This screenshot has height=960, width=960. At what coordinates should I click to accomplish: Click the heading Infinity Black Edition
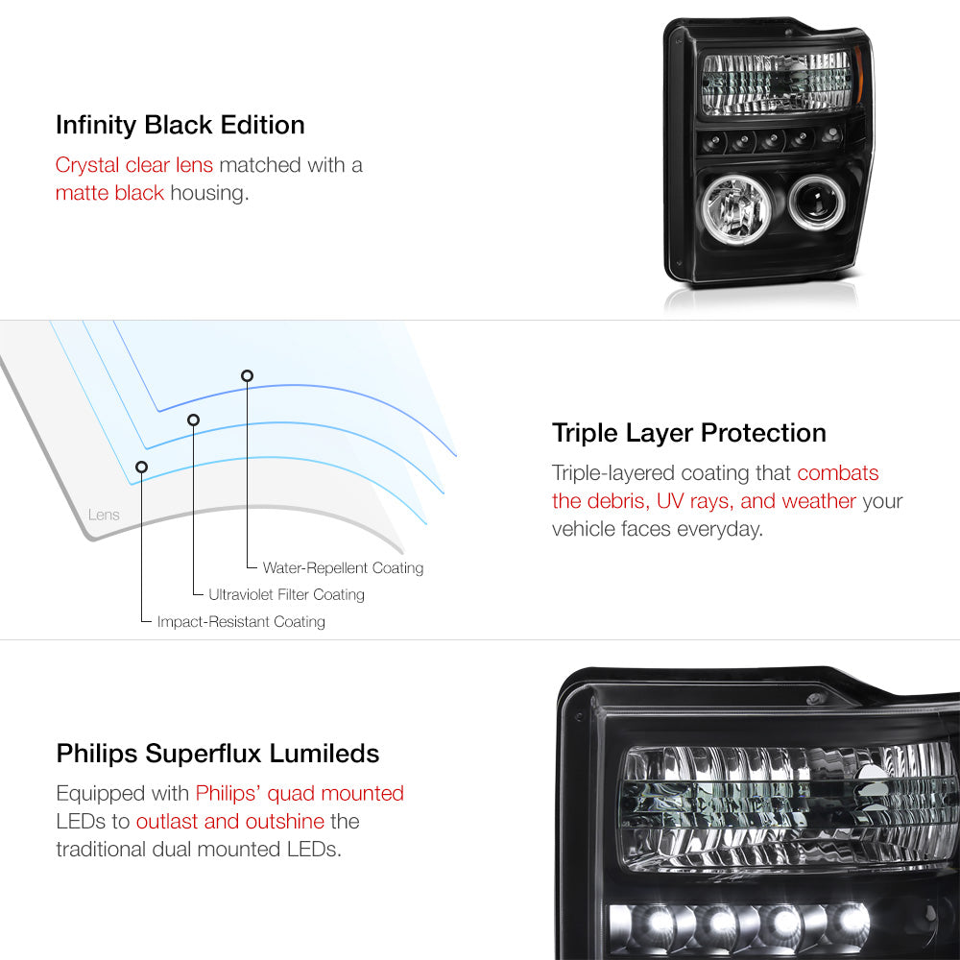180,126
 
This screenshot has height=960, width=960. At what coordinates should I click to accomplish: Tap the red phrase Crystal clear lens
134,165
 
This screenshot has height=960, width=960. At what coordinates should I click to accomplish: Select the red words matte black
109,193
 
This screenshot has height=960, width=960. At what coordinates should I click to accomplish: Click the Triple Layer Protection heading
688,434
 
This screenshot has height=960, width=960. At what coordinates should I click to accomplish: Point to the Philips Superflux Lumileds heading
218,754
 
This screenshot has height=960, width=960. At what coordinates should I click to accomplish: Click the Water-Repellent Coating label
343,567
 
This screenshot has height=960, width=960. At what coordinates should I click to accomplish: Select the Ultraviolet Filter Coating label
286,594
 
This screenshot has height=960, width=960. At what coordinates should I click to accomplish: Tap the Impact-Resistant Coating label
241,621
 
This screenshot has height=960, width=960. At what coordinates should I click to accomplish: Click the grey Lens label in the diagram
104,515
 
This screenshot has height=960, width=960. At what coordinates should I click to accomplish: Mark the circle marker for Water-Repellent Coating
247,376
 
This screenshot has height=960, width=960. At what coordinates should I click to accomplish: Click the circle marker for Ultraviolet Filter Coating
194,420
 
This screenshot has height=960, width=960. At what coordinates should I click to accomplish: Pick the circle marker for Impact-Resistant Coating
141,468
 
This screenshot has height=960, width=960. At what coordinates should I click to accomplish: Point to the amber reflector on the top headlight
858,74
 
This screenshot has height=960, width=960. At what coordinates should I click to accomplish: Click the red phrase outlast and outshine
230,821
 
